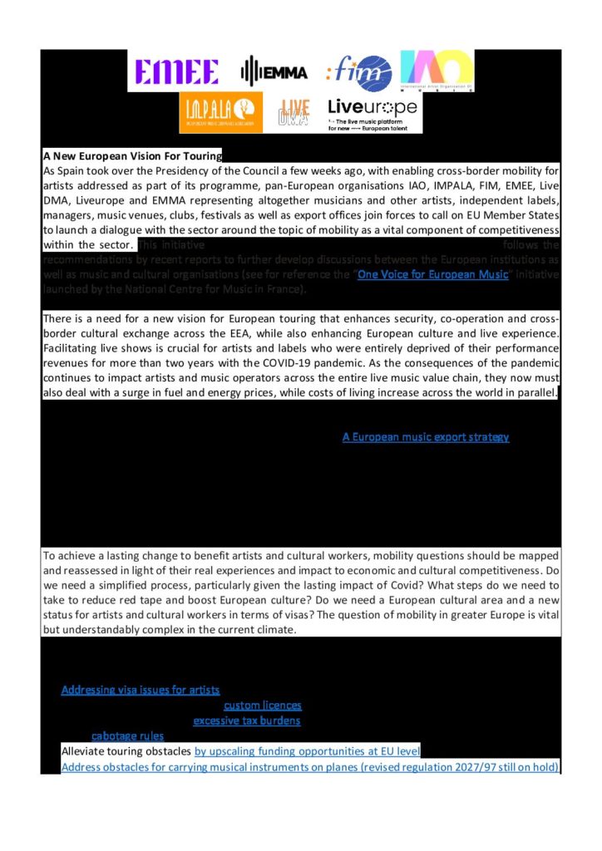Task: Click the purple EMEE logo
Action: coord(176,71)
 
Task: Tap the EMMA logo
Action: coord(274,71)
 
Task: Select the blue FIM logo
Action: coord(358,71)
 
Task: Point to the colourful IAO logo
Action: coord(437,71)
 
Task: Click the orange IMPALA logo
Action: coord(220,113)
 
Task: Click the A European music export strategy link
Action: coord(425,436)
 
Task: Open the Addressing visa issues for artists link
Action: coord(141,690)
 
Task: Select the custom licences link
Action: coord(263,706)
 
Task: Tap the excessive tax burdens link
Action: coord(247,721)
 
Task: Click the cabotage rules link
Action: coord(127,735)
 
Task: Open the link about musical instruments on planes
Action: coord(309,766)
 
